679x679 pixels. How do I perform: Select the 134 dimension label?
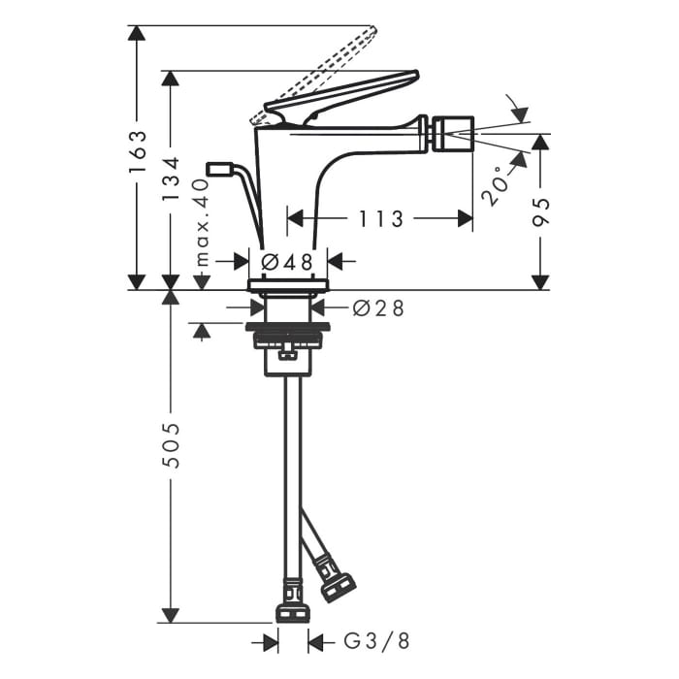[x=172, y=180]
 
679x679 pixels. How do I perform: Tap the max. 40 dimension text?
[x=202, y=221]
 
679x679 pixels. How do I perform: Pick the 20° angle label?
[x=494, y=184]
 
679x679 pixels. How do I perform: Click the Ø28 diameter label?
[x=378, y=307]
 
